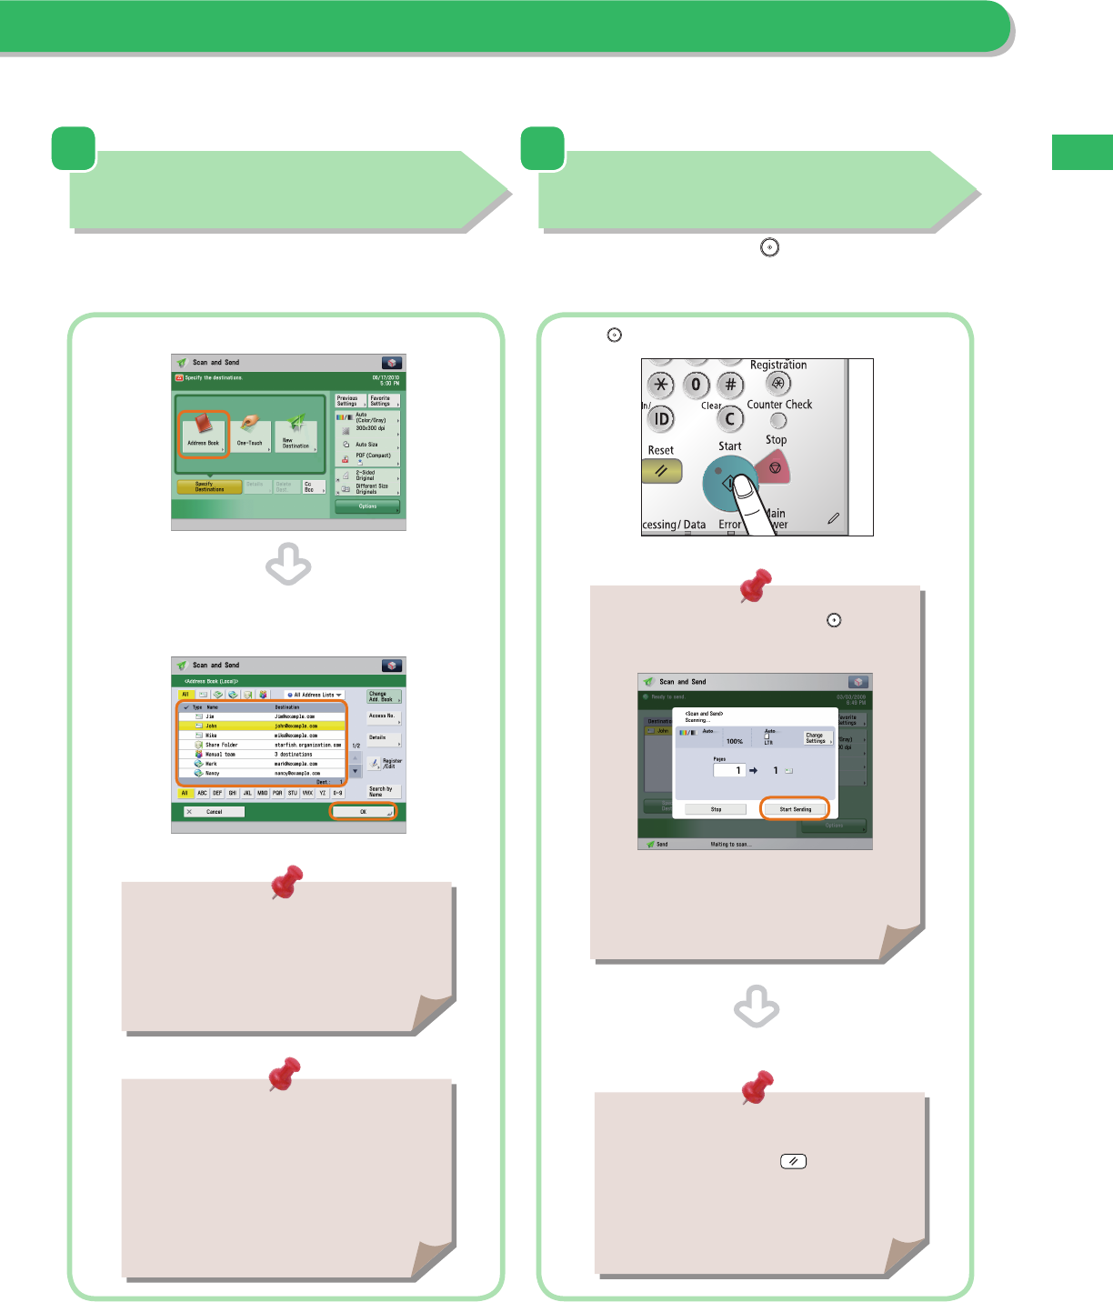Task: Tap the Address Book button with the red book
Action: pyautogui.click(x=203, y=434)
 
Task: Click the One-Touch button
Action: pyautogui.click(x=250, y=436)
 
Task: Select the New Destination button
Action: pyautogui.click(x=296, y=436)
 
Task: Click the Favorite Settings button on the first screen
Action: pyautogui.click(x=382, y=401)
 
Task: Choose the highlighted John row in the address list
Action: pyautogui.click(x=262, y=726)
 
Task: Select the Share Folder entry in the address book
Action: pyautogui.click(x=262, y=745)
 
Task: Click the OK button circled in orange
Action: pyautogui.click(x=363, y=812)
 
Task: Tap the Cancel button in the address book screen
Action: pyautogui.click(x=214, y=812)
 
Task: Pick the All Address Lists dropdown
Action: pyautogui.click(x=314, y=695)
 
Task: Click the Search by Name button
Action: pyautogui.click(x=382, y=791)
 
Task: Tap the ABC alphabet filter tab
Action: pyautogui.click(x=202, y=793)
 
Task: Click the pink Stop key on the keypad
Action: pyautogui.click(x=774, y=468)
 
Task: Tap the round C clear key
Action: pyautogui.click(x=729, y=419)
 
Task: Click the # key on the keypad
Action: pyautogui.click(x=730, y=385)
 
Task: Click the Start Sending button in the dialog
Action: pyautogui.click(x=795, y=808)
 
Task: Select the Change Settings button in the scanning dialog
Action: pyautogui.click(x=817, y=737)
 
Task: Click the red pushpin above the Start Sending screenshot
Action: pyautogui.click(x=755, y=586)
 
